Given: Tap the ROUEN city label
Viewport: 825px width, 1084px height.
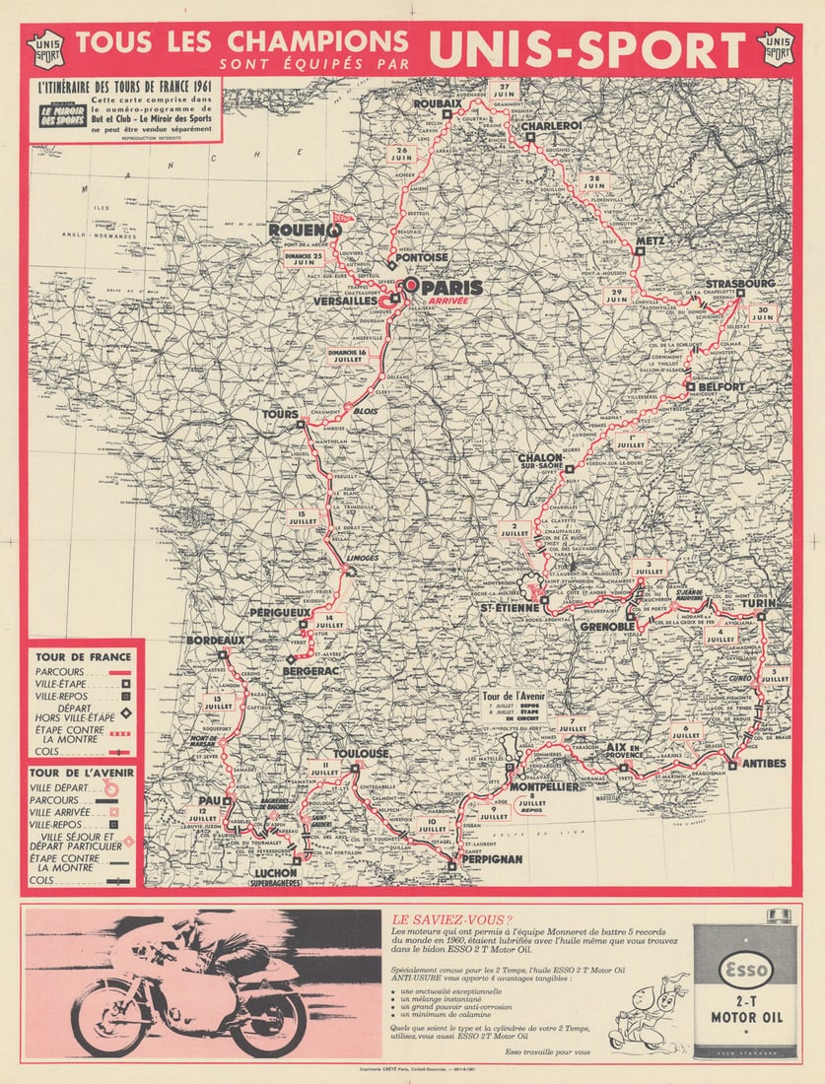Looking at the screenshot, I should pos(299,230).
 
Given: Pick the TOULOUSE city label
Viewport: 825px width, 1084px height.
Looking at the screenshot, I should pos(362,753).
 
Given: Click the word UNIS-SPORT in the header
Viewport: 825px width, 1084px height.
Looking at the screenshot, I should pos(587,49).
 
